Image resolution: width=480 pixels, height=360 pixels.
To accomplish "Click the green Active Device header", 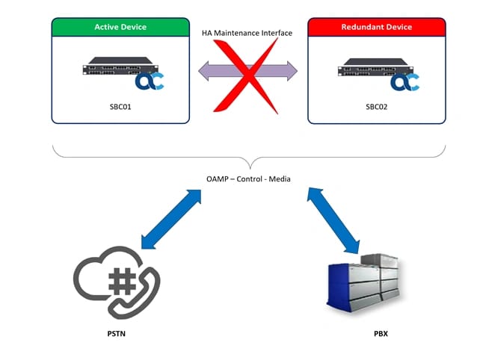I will point(120,27).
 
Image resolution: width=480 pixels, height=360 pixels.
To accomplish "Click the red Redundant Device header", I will point(376,27).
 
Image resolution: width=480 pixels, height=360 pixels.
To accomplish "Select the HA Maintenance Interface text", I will point(247,34).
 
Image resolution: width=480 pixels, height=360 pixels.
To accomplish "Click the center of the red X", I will point(247,72).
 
